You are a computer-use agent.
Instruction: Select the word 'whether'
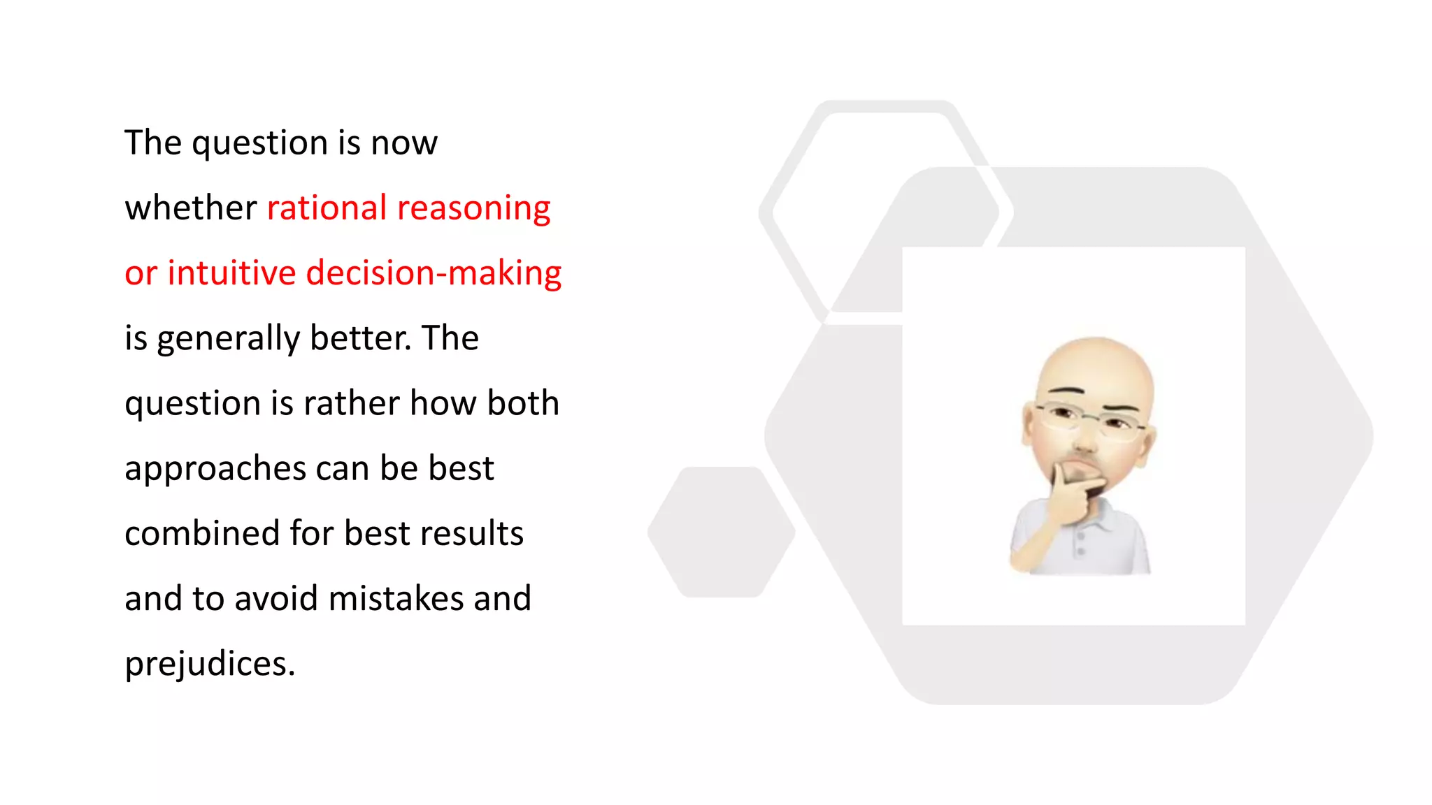(x=191, y=208)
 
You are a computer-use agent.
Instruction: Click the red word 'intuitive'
(x=231, y=273)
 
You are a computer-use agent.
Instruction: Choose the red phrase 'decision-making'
(x=434, y=273)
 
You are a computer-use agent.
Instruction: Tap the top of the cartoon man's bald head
(x=1095, y=349)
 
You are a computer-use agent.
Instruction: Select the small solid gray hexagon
(x=721, y=532)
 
